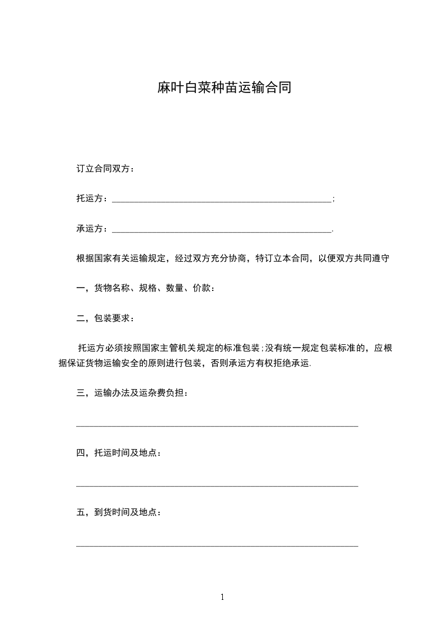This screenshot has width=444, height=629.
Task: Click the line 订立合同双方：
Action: click(x=105, y=169)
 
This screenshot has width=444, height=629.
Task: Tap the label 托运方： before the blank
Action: click(x=93, y=199)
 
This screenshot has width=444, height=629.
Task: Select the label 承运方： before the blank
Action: click(x=93, y=229)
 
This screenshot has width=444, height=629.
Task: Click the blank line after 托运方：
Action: click(x=222, y=200)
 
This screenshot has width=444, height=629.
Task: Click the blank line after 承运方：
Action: click(x=222, y=230)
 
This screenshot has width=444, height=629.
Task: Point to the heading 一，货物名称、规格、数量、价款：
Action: click(x=146, y=289)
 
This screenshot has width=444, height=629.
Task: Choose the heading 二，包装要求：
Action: click(x=105, y=318)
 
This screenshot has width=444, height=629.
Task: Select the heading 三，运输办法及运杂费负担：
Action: click(x=132, y=393)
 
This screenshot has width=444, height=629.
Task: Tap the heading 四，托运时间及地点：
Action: click(x=119, y=452)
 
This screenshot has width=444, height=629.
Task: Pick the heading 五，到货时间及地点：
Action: click(x=119, y=512)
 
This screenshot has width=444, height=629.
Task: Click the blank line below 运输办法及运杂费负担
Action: click(x=217, y=426)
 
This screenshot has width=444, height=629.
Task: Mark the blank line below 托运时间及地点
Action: click(x=217, y=486)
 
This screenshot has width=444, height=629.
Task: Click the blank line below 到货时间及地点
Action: click(x=217, y=545)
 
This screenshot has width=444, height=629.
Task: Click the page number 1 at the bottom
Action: click(x=222, y=598)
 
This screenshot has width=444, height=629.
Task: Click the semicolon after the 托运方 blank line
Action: click(x=334, y=199)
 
